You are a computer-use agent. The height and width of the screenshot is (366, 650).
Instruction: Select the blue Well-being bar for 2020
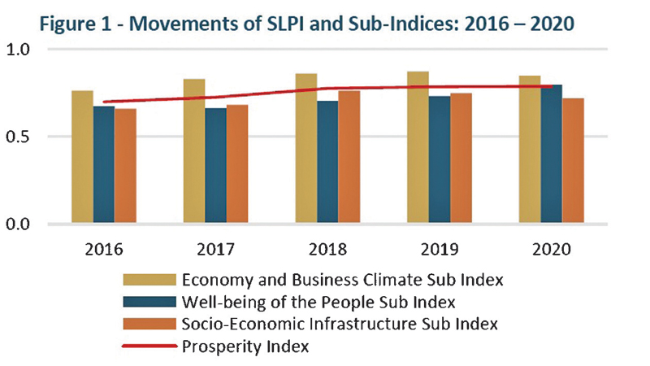(552, 155)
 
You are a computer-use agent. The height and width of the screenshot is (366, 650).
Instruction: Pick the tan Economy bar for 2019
(418, 147)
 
